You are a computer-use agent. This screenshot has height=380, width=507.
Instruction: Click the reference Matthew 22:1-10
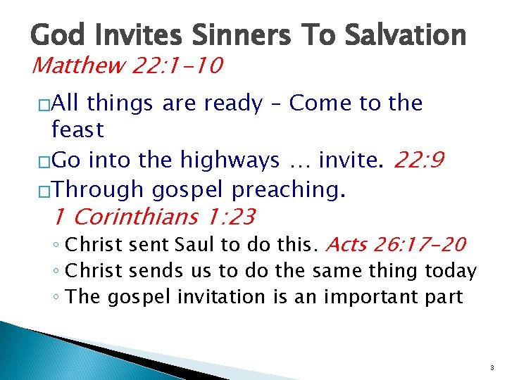pyautogui.click(x=127, y=66)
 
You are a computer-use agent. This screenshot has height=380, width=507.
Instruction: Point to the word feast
pyautogui.click(x=77, y=129)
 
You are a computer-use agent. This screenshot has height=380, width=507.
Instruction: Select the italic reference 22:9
pyautogui.click(x=419, y=160)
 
